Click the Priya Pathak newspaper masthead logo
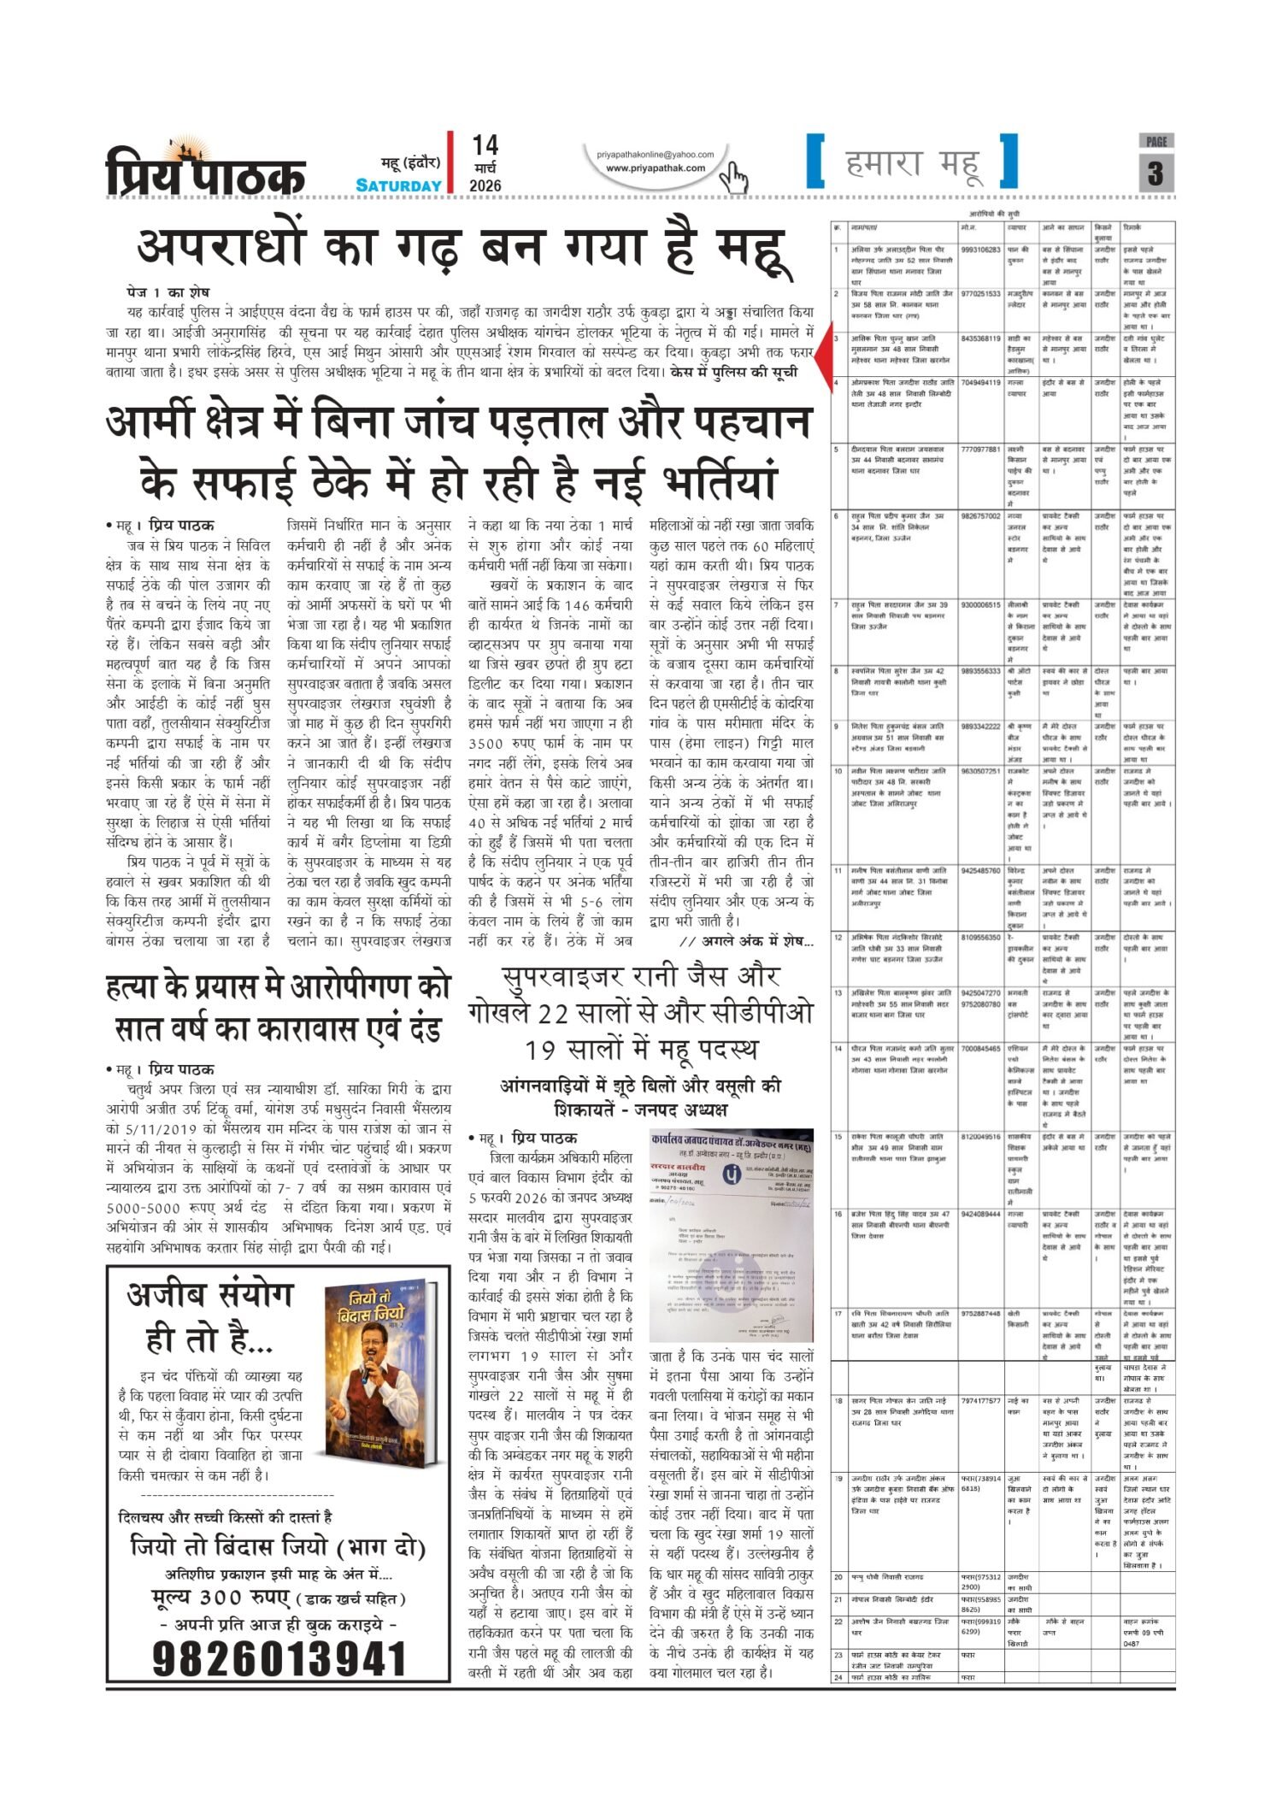(x=205, y=168)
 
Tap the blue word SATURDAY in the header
(x=398, y=185)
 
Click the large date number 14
(x=485, y=145)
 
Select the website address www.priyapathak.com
(x=656, y=168)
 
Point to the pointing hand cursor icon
(x=732, y=177)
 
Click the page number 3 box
(x=1156, y=174)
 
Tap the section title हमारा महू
(x=912, y=162)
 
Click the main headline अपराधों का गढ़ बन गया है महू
(x=461, y=248)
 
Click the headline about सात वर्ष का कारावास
(x=278, y=1009)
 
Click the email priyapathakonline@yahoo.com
(x=656, y=154)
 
